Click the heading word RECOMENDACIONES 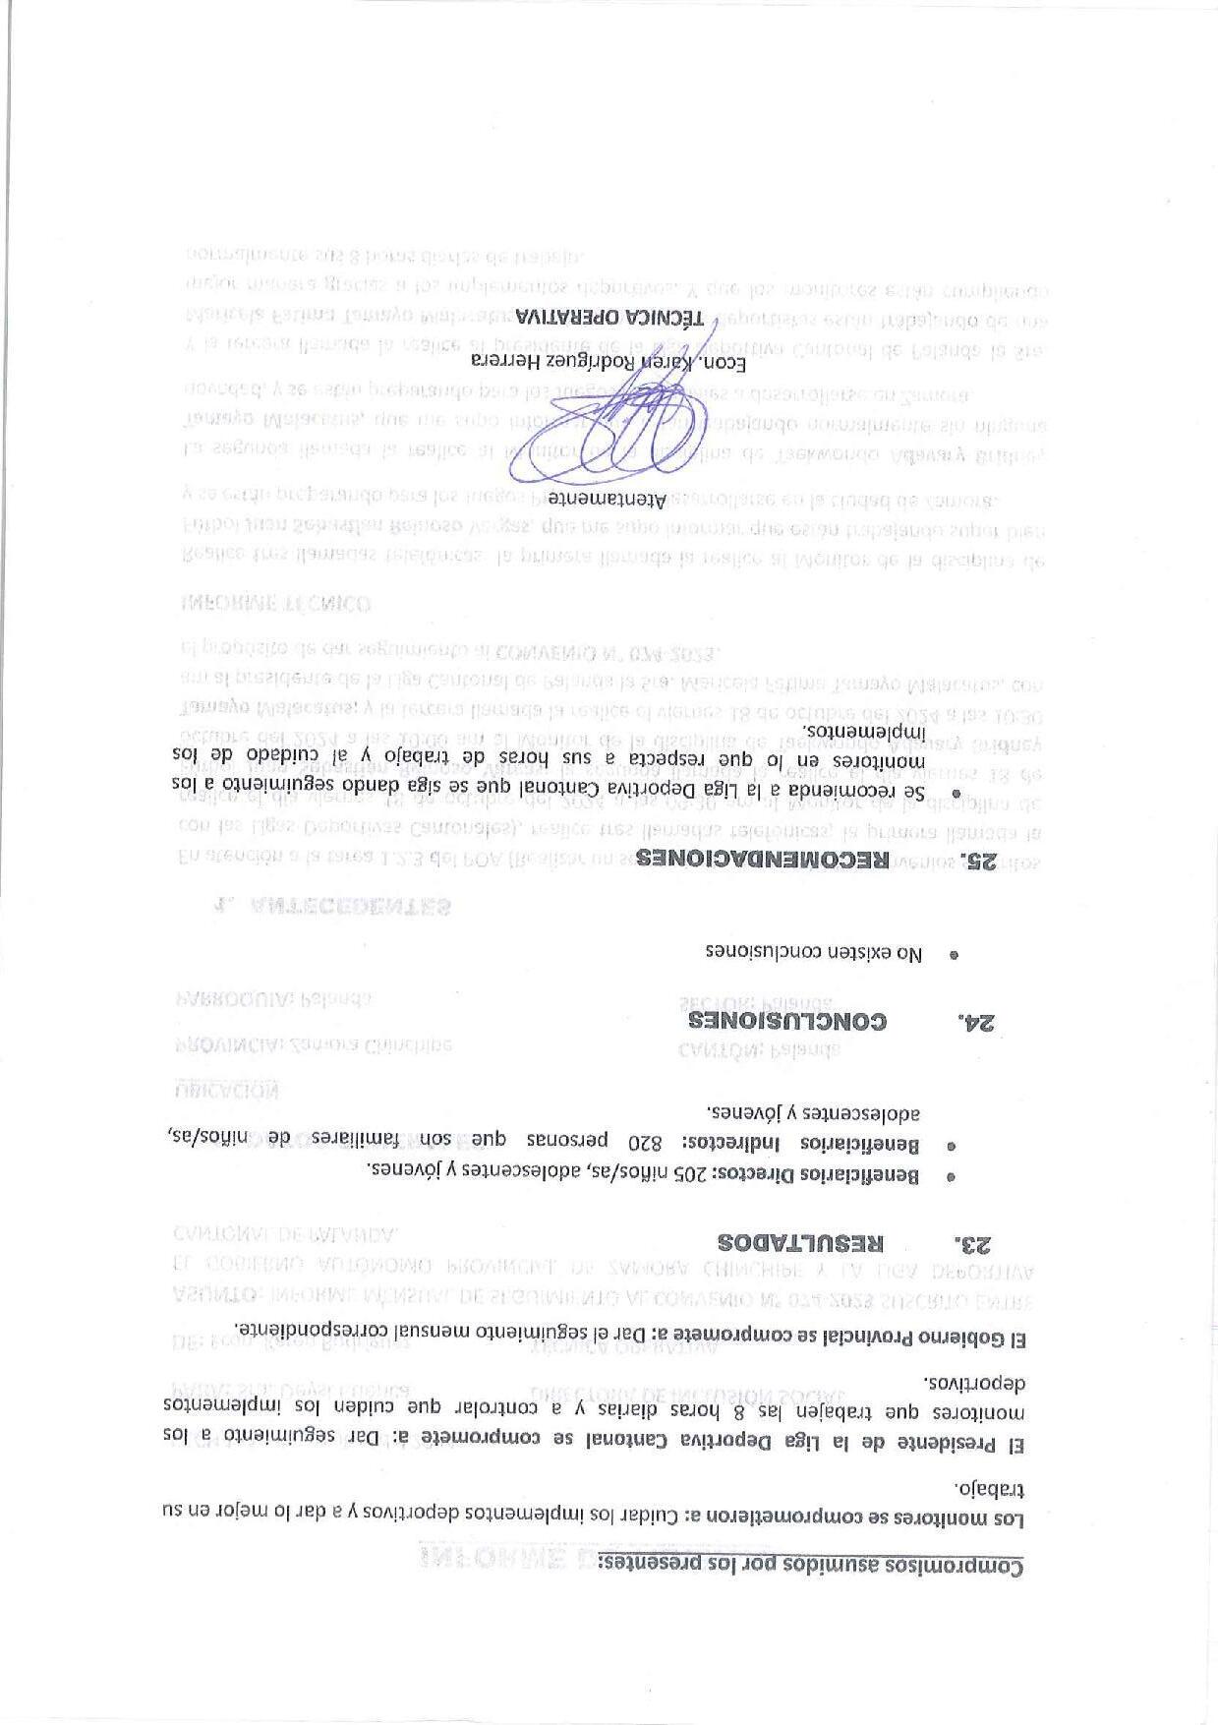point(762,859)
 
